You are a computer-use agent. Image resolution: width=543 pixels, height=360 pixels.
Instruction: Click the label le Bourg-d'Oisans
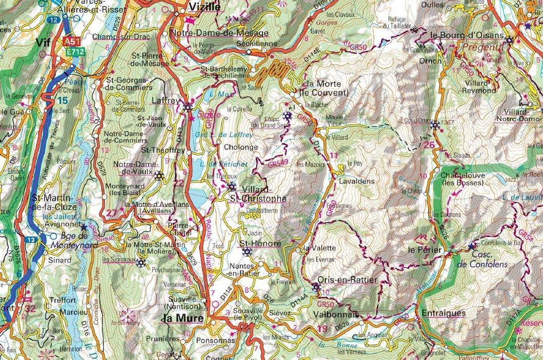tap(467, 36)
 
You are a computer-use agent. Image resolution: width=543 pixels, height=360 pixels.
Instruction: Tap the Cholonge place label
tap(241, 147)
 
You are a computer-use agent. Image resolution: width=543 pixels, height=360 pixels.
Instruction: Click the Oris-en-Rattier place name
tap(348, 280)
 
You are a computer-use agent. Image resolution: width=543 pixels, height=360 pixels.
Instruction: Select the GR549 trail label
tap(278, 163)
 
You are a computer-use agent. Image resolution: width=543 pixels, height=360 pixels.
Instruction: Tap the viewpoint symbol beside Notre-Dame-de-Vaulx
tap(159, 175)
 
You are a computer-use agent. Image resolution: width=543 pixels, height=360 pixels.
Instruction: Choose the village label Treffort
tap(62, 300)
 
